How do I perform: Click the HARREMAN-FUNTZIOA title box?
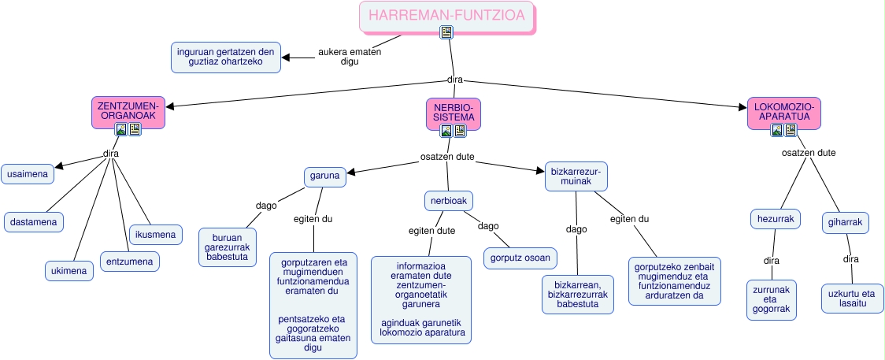pyautogui.click(x=446, y=15)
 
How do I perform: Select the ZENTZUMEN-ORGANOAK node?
pyautogui.click(x=128, y=110)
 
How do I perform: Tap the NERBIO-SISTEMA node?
pyautogui.click(x=453, y=111)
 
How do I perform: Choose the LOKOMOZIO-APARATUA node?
pyautogui.click(x=783, y=111)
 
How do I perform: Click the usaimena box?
pyautogui.click(x=28, y=174)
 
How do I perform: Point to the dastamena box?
pyautogui.click(x=33, y=222)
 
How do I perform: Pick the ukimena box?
pyautogui.click(x=69, y=270)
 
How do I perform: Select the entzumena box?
pyautogui.click(x=130, y=261)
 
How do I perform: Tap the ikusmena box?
pyautogui.click(x=157, y=234)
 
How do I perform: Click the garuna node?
pyautogui.click(x=325, y=176)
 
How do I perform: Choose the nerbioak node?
pyautogui.click(x=449, y=201)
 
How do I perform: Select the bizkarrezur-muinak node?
pyautogui.click(x=577, y=176)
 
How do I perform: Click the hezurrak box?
pyautogui.click(x=775, y=218)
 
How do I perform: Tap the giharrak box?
pyautogui.click(x=845, y=222)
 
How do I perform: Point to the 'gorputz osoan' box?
pyautogui.click(x=520, y=258)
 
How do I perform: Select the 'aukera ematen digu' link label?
pyautogui.click(x=350, y=57)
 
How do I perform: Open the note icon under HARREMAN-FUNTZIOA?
pyautogui.click(x=446, y=32)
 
